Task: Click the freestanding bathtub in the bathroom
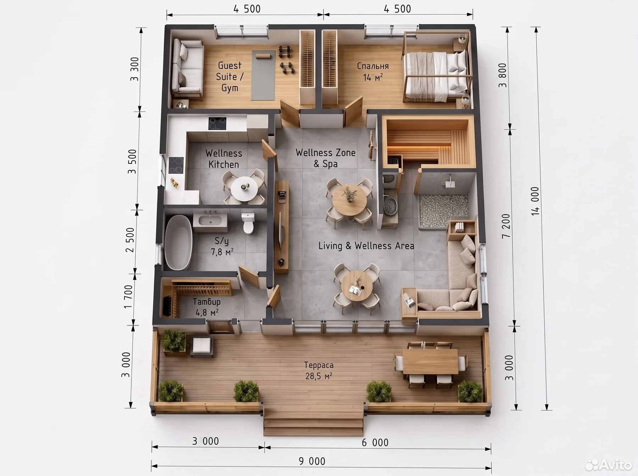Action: (179, 242)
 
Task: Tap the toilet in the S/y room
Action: (248, 223)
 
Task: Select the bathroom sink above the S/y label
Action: (210, 221)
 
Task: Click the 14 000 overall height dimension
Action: (535, 201)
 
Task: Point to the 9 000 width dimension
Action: (312, 461)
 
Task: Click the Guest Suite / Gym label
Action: (230, 76)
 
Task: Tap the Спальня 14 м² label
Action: (373, 72)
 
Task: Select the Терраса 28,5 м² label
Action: (319, 370)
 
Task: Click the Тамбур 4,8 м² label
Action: (207, 307)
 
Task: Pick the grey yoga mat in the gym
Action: (263, 75)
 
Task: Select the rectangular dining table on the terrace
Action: (430, 361)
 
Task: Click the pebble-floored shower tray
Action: (444, 211)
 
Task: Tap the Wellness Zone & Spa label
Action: (325, 158)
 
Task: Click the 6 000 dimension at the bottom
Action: (375, 442)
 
